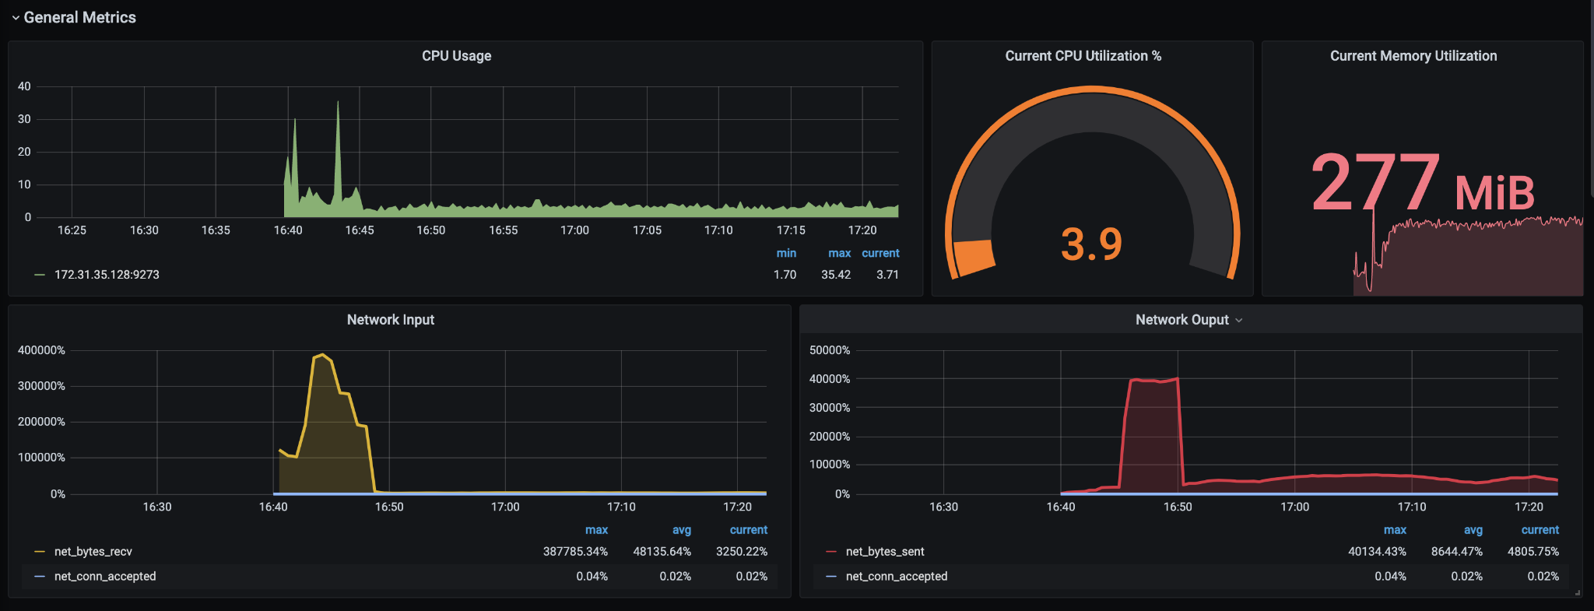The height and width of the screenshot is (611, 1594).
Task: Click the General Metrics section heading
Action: click(79, 17)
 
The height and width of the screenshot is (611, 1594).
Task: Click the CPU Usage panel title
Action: click(456, 56)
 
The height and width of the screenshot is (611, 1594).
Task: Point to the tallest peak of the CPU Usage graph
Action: click(338, 103)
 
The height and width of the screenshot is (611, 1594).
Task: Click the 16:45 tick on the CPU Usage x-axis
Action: click(360, 230)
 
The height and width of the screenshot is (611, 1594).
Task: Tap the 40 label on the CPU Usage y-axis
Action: click(24, 86)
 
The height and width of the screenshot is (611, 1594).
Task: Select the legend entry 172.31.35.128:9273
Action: click(107, 275)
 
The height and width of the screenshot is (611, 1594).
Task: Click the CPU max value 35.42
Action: click(835, 275)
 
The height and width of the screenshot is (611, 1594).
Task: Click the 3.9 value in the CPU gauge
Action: click(1091, 244)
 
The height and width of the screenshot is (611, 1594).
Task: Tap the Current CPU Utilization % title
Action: click(1083, 56)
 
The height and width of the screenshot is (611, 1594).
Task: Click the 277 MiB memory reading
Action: click(1422, 184)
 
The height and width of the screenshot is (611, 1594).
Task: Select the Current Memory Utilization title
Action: click(1413, 56)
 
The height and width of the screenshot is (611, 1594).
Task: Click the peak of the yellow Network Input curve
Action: click(322, 355)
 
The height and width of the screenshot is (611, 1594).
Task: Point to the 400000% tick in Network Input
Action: click(41, 350)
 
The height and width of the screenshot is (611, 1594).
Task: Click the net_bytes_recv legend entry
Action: click(93, 552)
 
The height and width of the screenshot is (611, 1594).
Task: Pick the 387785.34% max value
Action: click(574, 552)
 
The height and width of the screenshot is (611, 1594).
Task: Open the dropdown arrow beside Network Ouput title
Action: click(1238, 321)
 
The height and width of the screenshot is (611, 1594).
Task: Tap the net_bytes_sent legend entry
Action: click(884, 552)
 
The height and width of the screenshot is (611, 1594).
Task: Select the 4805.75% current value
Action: click(1533, 552)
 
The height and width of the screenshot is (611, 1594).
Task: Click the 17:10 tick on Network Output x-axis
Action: click(1411, 507)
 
